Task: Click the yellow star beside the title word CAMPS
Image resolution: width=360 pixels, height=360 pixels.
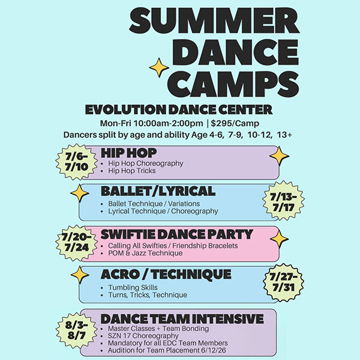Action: pyautogui.click(x=159, y=68)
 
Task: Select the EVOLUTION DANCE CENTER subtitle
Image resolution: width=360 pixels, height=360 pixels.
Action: pyautogui.click(x=179, y=110)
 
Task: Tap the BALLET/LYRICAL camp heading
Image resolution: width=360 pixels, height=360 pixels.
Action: pyautogui.click(x=158, y=191)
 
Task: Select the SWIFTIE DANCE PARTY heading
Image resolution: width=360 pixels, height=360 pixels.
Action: pyautogui.click(x=177, y=234)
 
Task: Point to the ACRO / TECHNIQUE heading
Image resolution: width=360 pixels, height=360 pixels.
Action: pyautogui.click(x=166, y=274)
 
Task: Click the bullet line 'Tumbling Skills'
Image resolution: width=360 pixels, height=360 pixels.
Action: pyautogui.click(x=133, y=287)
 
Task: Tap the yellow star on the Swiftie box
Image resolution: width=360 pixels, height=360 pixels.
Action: pyautogui.click(x=279, y=238)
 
